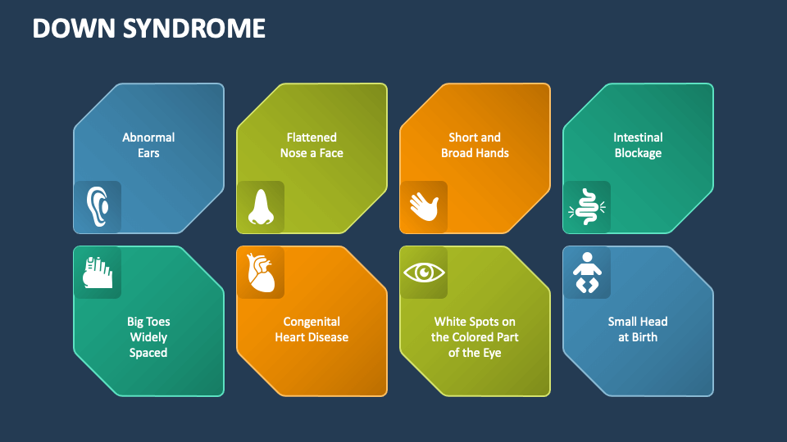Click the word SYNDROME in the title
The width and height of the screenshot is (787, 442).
click(194, 28)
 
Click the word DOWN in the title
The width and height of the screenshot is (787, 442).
click(75, 28)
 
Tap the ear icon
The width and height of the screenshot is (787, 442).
click(98, 206)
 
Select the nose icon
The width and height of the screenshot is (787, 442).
click(261, 207)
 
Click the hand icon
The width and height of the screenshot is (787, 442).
click(424, 206)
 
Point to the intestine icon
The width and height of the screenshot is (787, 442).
click(587, 206)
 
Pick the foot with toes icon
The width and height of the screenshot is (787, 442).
click(98, 273)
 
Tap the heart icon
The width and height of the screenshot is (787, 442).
click(261, 273)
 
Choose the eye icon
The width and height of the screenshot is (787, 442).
click(424, 273)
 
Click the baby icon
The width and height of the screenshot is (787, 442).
click(587, 273)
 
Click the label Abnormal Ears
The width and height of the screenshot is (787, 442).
click(148, 145)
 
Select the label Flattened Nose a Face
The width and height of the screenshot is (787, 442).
click(312, 145)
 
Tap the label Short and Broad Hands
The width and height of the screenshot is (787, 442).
click(475, 145)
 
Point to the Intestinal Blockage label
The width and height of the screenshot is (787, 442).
click(638, 145)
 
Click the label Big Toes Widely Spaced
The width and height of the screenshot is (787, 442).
click(148, 336)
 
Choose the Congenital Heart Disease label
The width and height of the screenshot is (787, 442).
click(312, 329)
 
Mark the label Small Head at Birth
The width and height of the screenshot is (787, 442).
click(638, 329)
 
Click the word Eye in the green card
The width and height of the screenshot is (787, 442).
click(490, 353)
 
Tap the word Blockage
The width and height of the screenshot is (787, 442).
click(638, 153)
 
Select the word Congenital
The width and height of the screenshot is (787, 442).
click(312, 322)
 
